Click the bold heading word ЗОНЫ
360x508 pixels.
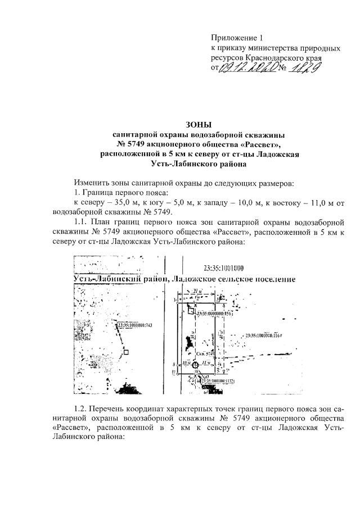pos(199,124)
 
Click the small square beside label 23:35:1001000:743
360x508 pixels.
pos(127,352)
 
